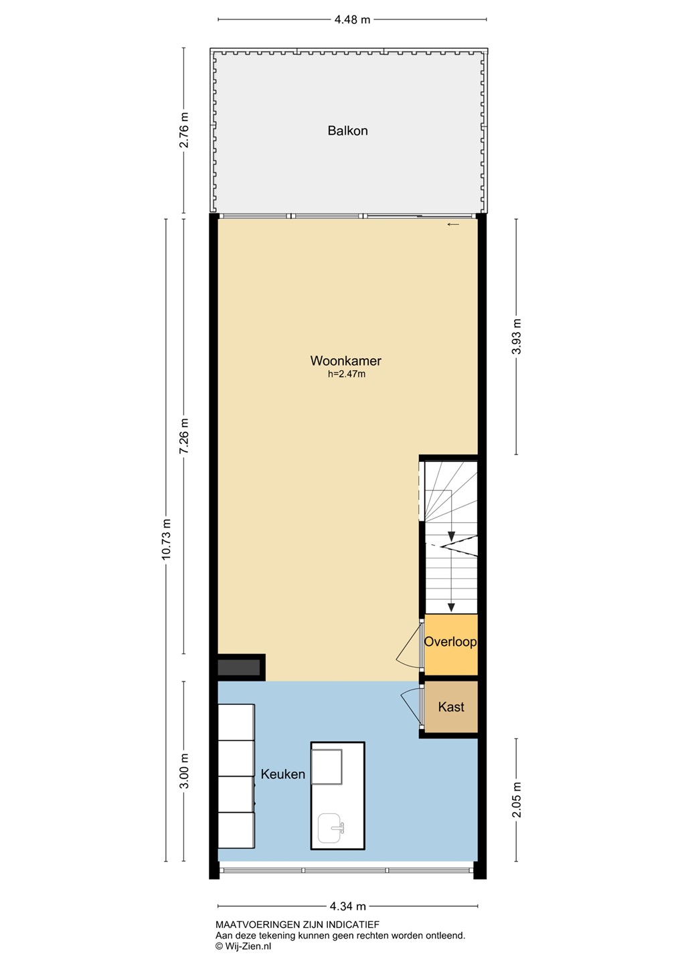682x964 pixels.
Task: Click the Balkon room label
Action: click(347, 131)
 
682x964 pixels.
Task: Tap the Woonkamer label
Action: click(346, 360)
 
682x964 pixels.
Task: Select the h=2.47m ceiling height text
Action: click(347, 374)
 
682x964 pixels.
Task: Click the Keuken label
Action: click(282, 774)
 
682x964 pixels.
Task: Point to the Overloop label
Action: click(450, 641)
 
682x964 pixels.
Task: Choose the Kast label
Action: click(451, 707)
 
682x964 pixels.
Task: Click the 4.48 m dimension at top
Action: click(353, 20)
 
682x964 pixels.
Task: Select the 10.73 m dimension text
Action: click(166, 540)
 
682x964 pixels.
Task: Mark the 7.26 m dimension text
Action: click(184, 435)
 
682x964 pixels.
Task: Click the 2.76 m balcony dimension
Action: click(184, 130)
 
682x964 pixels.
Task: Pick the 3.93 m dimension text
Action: click(516, 336)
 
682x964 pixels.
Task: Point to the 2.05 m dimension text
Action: click(516, 799)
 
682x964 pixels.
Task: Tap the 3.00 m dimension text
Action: click(184, 771)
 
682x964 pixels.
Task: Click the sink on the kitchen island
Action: click(331, 829)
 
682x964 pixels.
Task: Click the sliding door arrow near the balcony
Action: click(453, 224)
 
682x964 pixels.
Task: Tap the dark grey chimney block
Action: click(239, 667)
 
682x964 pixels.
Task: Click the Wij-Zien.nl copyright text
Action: click(244, 945)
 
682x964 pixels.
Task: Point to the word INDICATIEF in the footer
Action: click(353, 925)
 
